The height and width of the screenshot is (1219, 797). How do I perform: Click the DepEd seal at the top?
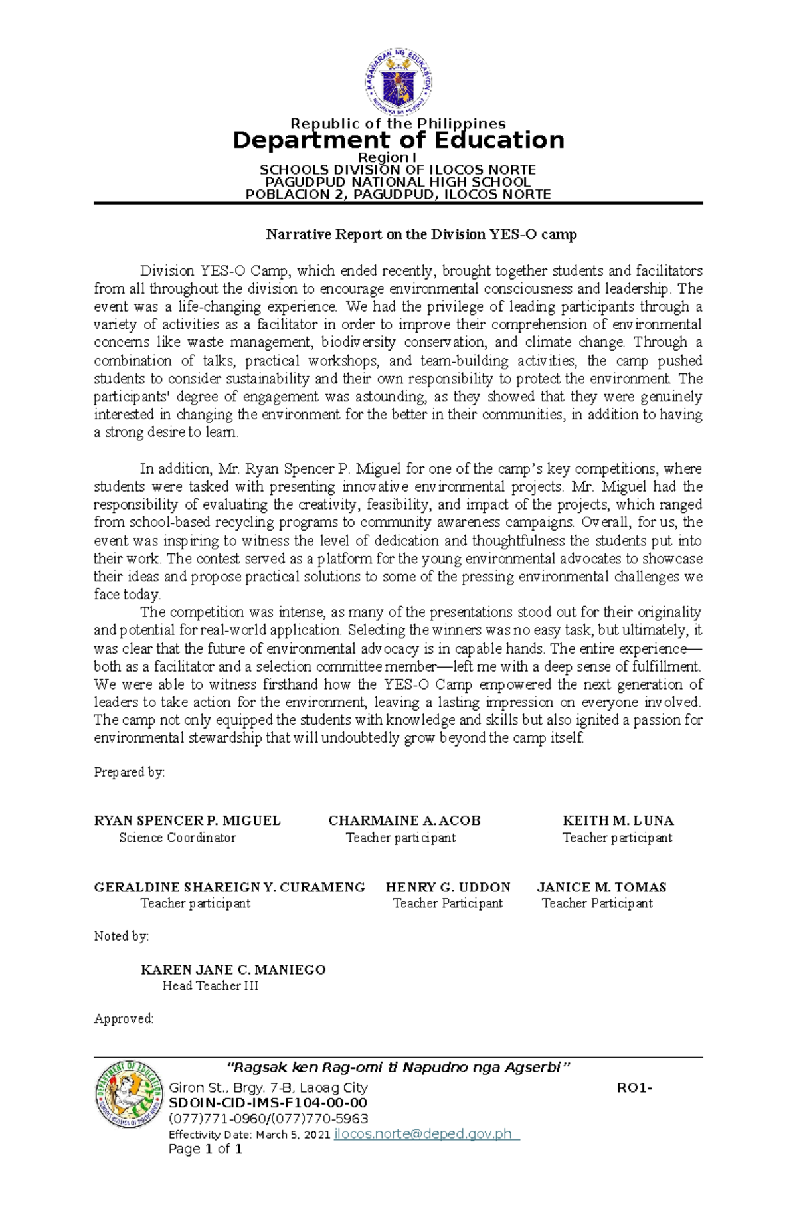point(398,81)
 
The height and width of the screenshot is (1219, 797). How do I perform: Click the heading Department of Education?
point(398,140)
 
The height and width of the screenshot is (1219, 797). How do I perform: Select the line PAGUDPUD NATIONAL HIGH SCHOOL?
point(398,182)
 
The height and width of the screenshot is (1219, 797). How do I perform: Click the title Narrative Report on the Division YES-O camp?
point(421,234)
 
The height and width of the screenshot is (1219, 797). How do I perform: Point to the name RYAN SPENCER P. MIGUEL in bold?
point(187,820)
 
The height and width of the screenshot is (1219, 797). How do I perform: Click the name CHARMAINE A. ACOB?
point(404,820)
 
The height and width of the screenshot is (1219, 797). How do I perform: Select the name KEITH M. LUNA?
point(618,820)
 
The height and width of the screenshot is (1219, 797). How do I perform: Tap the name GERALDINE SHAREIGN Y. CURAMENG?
point(229,887)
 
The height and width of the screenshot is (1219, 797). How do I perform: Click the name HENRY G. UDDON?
point(448,887)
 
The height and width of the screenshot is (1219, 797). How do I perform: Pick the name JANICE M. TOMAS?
point(601,887)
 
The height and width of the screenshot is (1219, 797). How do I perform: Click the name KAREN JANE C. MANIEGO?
point(233,969)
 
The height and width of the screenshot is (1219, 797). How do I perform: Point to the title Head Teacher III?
point(210,986)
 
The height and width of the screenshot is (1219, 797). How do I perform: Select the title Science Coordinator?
point(177,838)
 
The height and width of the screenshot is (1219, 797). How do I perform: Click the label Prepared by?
point(129,772)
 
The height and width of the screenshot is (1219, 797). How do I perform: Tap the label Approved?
point(124,1018)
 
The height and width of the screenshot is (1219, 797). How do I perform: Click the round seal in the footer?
point(128,1094)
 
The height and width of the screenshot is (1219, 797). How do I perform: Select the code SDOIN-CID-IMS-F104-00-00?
point(268,1103)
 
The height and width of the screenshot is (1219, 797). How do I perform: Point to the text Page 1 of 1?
point(205,1149)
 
